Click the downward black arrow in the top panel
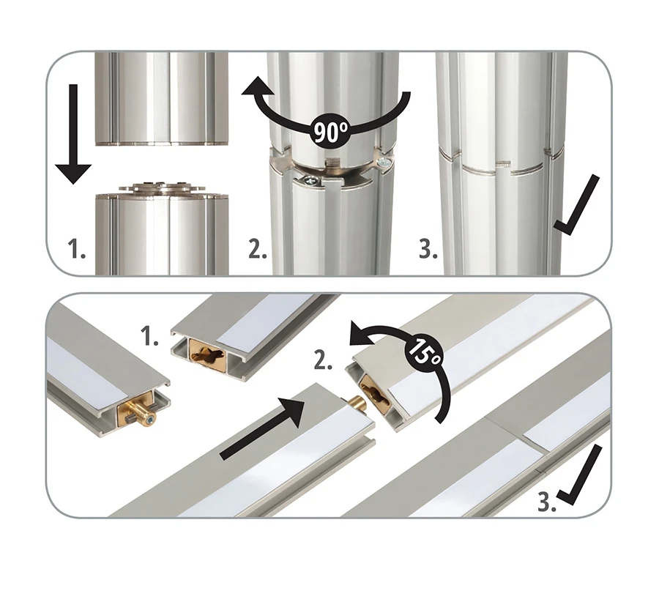point(73,134)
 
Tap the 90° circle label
point(331,133)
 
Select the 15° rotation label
point(425,351)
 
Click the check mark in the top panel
point(576,205)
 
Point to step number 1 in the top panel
point(76,248)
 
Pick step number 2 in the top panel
point(258,248)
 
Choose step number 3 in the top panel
point(428,248)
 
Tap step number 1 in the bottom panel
point(149,337)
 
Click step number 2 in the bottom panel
point(323,360)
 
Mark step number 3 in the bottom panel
point(547,502)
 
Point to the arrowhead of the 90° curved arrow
point(255,87)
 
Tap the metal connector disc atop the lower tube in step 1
point(163,189)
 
